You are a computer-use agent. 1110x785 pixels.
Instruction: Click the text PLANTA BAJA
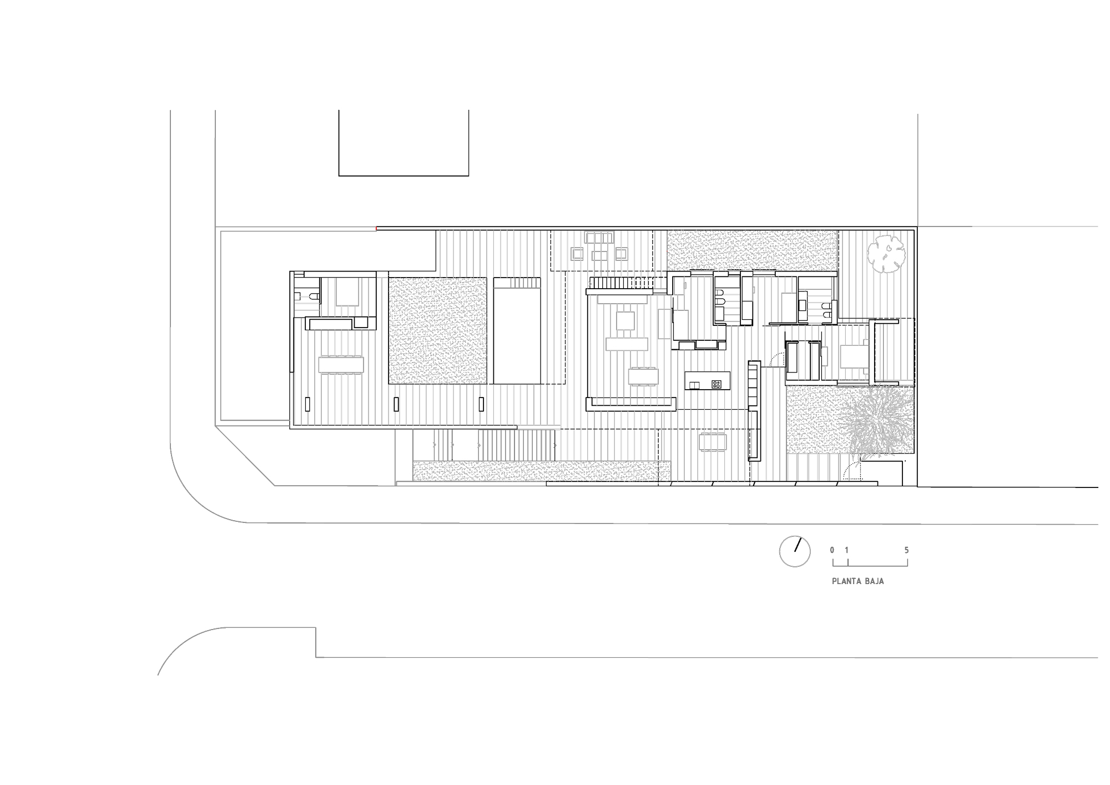click(x=857, y=582)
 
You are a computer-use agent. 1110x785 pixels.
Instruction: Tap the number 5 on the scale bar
click(x=906, y=551)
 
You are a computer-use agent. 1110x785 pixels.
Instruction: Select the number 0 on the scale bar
click(x=832, y=551)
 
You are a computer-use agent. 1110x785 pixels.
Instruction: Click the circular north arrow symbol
click(x=795, y=551)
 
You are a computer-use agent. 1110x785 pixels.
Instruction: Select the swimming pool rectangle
click(x=517, y=331)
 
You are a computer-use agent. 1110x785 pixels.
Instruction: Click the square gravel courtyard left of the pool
click(x=438, y=331)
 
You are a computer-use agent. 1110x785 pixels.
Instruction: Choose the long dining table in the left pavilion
click(x=341, y=365)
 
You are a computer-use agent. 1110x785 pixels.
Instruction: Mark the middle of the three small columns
click(x=396, y=404)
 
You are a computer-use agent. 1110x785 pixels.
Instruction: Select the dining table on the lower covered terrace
click(x=713, y=442)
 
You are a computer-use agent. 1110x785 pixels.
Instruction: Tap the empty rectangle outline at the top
click(x=403, y=175)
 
